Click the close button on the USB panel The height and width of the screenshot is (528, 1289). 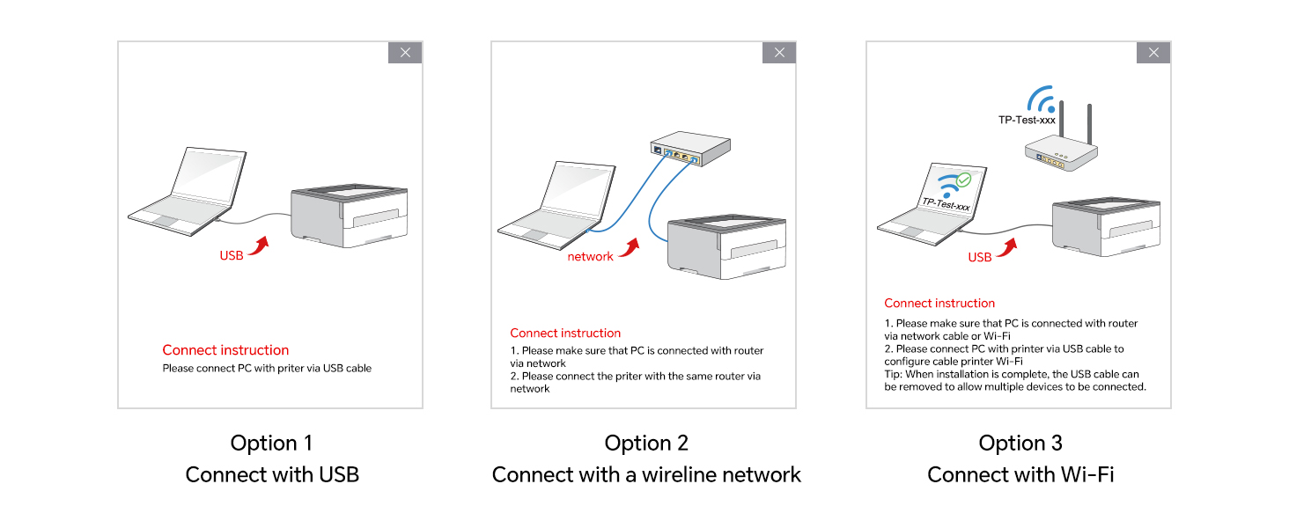pyautogui.click(x=405, y=52)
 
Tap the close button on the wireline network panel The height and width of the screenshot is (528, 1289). pyautogui.click(x=779, y=52)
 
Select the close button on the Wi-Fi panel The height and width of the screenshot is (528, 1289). pyautogui.click(x=1153, y=52)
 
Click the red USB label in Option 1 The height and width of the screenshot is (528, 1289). pyautogui.click(x=232, y=255)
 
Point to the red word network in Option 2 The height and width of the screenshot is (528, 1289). pyautogui.click(x=591, y=257)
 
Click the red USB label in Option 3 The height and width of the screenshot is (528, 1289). pyautogui.click(x=979, y=257)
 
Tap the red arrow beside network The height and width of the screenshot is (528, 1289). pyautogui.click(x=630, y=248)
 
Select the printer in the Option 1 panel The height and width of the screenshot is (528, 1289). pyautogui.click(x=350, y=216)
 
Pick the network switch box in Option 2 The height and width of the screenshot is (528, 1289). pyautogui.click(x=690, y=148)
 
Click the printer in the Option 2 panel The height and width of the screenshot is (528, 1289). pyautogui.click(x=726, y=247)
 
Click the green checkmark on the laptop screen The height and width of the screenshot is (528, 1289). pyautogui.click(x=964, y=180)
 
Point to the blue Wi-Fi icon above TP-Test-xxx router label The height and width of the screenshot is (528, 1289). pyautogui.click(x=1042, y=99)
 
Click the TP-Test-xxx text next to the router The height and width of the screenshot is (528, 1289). pyautogui.click(x=1027, y=121)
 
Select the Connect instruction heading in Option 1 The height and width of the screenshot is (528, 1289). pyautogui.click(x=225, y=349)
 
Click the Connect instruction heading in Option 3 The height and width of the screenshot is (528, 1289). pyautogui.click(x=939, y=303)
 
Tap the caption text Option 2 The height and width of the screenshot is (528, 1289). pyautogui.click(x=646, y=443)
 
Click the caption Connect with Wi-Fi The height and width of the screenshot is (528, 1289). pyautogui.click(x=1020, y=474)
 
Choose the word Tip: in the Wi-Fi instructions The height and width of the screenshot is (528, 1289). pyautogui.click(x=893, y=374)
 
